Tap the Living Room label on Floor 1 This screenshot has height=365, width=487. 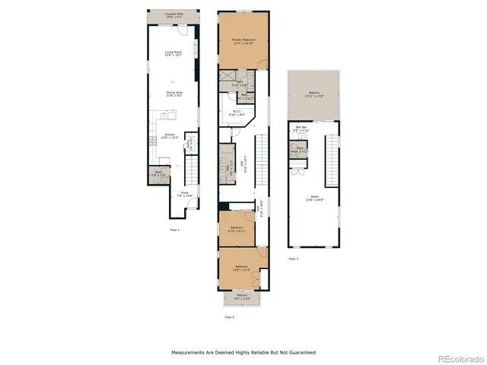click(173, 54)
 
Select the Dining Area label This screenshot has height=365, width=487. click(173, 95)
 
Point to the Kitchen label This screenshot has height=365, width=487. click(170, 136)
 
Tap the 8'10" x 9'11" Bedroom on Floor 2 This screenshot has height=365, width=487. click(237, 229)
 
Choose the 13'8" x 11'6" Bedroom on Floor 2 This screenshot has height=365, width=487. click(242, 268)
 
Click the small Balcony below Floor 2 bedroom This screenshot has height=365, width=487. click(241, 299)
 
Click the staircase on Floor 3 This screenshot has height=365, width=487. click(331, 159)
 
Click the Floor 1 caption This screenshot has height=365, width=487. click(174, 228)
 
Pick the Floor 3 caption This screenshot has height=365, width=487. click(294, 259)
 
